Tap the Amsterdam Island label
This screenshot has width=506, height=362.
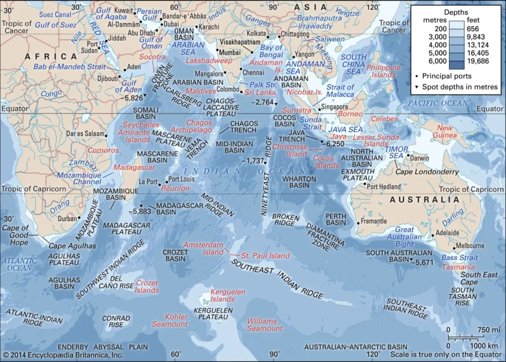click(204, 248)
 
